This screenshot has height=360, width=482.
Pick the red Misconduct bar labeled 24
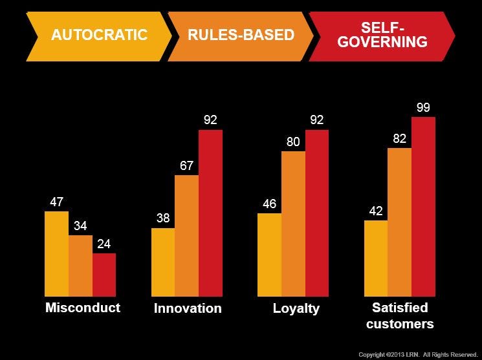pos(104,275)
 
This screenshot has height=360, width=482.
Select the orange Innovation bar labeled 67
pos(186,236)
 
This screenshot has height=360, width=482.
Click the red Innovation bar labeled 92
pos(210,213)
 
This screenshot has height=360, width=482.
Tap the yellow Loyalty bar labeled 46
pos(269,255)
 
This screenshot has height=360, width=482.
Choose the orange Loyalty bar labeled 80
pos(293,224)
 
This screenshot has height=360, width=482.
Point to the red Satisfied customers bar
pos(424,207)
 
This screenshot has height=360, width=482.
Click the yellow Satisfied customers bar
pos(376,259)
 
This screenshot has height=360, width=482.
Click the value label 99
pos(424,108)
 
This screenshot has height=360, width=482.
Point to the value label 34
pos(80,226)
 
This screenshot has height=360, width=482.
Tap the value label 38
pos(162,218)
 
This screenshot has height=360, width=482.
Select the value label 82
pos(399,139)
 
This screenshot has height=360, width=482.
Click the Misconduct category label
pos(83,308)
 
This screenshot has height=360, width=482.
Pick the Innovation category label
pos(188,308)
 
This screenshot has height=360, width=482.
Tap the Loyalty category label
pos(296,308)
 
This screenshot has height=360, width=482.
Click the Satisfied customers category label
pos(400,315)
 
